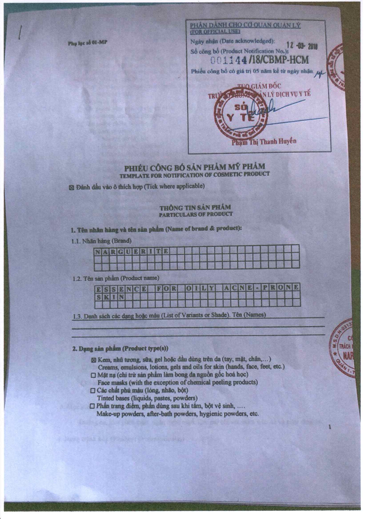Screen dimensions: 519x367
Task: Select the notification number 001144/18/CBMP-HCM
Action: click(260, 60)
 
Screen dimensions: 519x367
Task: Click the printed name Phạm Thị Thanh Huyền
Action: click(264, 142)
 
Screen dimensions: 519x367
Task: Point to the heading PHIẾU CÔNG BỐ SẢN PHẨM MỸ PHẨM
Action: click(194, 168)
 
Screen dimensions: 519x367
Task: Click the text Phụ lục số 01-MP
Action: click(88, 43)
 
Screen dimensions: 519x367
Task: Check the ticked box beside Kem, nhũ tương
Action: click(94, 360)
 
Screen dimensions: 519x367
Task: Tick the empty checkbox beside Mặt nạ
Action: click(94, 375)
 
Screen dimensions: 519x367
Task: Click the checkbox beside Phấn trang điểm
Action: click(93, 406)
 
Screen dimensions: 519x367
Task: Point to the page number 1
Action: click(329, 427)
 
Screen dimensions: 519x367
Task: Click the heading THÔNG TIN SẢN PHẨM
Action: click(195, 208)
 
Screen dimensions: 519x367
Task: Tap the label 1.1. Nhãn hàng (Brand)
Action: click(101, 241)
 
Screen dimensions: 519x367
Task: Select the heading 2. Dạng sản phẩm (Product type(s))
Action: click(120, 348)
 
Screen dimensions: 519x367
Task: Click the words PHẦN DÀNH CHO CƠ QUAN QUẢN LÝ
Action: click(245, 25)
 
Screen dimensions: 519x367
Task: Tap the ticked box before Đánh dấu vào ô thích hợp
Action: click(71, 188)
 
